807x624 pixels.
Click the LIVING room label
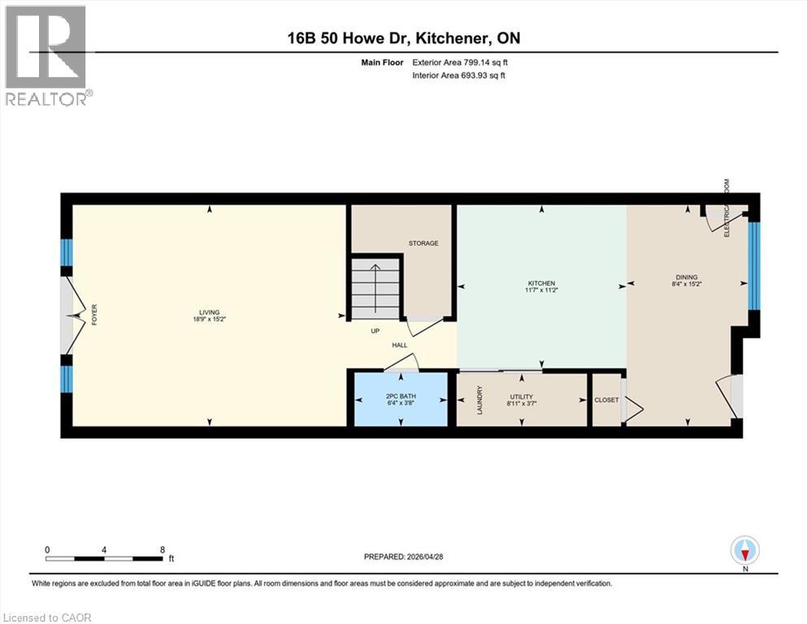point(210,312)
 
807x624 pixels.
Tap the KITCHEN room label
point(540,284)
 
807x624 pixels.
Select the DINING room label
point(687,277)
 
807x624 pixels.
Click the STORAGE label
point(423,243)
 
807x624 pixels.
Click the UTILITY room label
point(521,396)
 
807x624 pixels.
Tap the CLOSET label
point(606,400)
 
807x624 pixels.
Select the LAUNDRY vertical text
point(480,399)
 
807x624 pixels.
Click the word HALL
point(399,345)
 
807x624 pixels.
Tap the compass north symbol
point(744,550)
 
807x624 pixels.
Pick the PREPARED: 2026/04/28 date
point(403,557)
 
